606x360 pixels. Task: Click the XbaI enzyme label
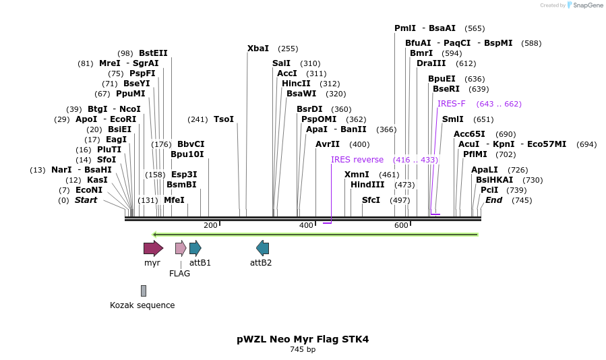coord(258,49)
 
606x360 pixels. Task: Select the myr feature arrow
coord(153,248)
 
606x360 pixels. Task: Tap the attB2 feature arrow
coord(263,248)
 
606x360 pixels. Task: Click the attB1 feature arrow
coord(195,248)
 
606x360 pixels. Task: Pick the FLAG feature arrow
coord(181,248)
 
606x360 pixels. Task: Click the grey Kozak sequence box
coord(144,291)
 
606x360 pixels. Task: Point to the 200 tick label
coord(210,225)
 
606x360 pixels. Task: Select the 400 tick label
coord(306,225)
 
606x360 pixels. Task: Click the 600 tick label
coord(401,225)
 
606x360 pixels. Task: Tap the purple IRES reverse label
coord(357,160)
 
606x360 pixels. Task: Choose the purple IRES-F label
coord(451,104)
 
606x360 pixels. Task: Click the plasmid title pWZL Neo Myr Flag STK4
coord(303,339)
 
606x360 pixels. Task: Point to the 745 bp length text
coord(303,349)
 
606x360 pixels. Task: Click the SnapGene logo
coord(585,5)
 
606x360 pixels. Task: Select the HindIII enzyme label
coord(367,185)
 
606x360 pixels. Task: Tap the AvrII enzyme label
coord(328,144)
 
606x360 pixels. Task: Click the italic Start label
coord(86,200)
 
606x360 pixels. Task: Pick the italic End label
coord(494,200)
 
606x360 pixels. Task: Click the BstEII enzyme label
coord(153,53)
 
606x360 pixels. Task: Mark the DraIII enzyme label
coord(431,63)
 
